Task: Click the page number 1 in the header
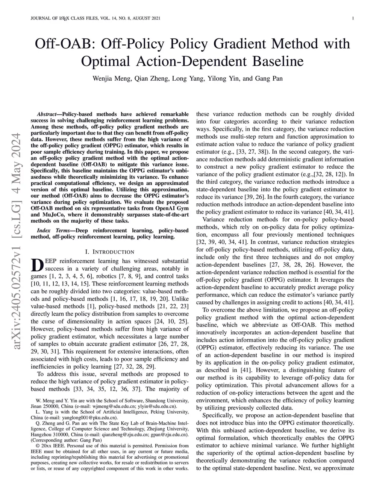[354, 18]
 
